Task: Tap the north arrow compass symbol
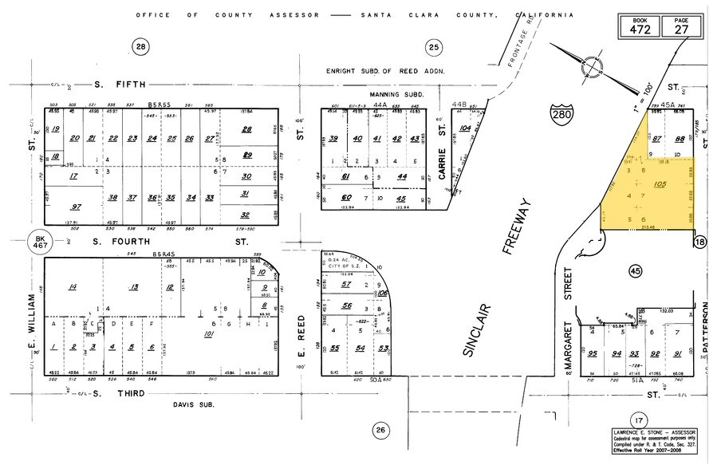[x=593, y=63]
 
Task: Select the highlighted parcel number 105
[x=659, y=184]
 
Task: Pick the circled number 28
[x=140, y=48]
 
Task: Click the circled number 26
[x=381, y=431]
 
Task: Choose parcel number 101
[x=210, y=333]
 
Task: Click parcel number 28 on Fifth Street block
[x=247, y=129]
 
